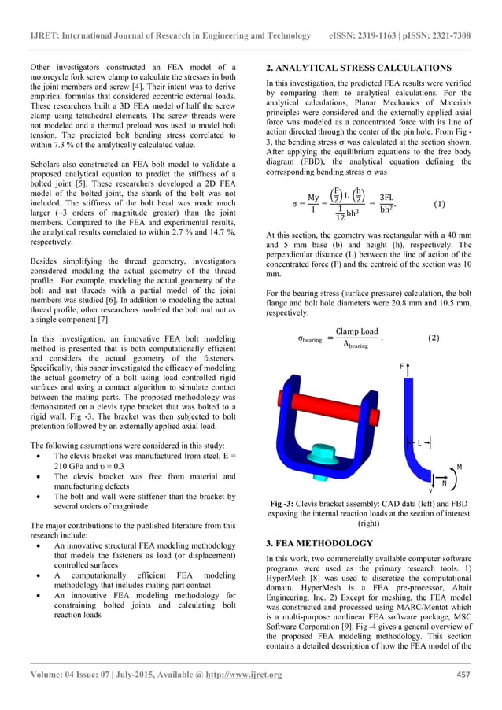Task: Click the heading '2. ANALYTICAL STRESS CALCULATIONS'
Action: pyautogui.click(x=358, y=68)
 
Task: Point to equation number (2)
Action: pyautogui.click(x=434, y=338)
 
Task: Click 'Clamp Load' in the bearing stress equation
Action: pyautogui.click(x=356, y=331)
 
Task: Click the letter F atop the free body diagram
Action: pyautogui.click(x=400, y=368)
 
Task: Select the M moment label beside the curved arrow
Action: pyautogui.click(x=459, y=467)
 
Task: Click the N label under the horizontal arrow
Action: pyautogui.click(x=445, y=483)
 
